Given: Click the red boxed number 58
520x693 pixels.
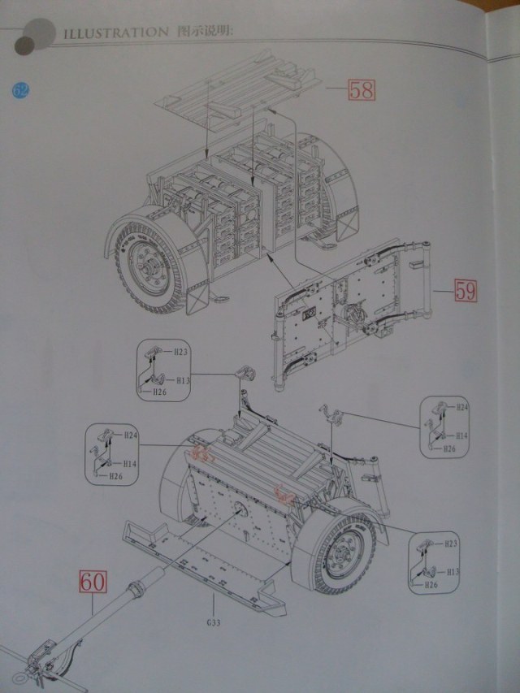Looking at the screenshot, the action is [x=362, y=89].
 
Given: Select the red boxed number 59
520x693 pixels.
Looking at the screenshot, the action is [x=465, y=291].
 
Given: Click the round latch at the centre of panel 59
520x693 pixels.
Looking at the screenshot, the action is [x=355, y=312].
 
